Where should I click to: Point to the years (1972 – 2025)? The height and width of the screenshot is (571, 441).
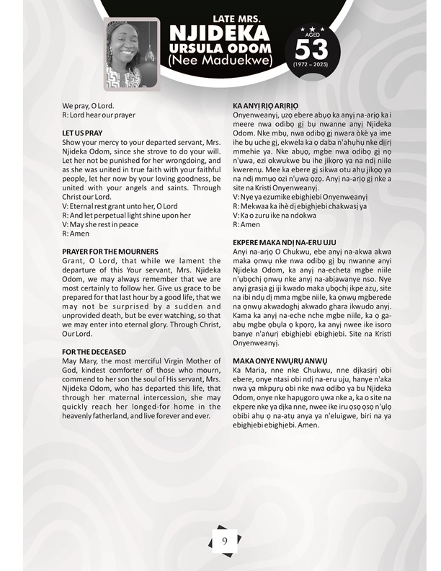pos(310,65)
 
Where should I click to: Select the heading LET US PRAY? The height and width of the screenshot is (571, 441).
pos(82,133)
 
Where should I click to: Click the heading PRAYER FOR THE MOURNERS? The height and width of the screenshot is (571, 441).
pos(110,251)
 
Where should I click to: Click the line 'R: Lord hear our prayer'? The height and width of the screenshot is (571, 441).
pos(99,115)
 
